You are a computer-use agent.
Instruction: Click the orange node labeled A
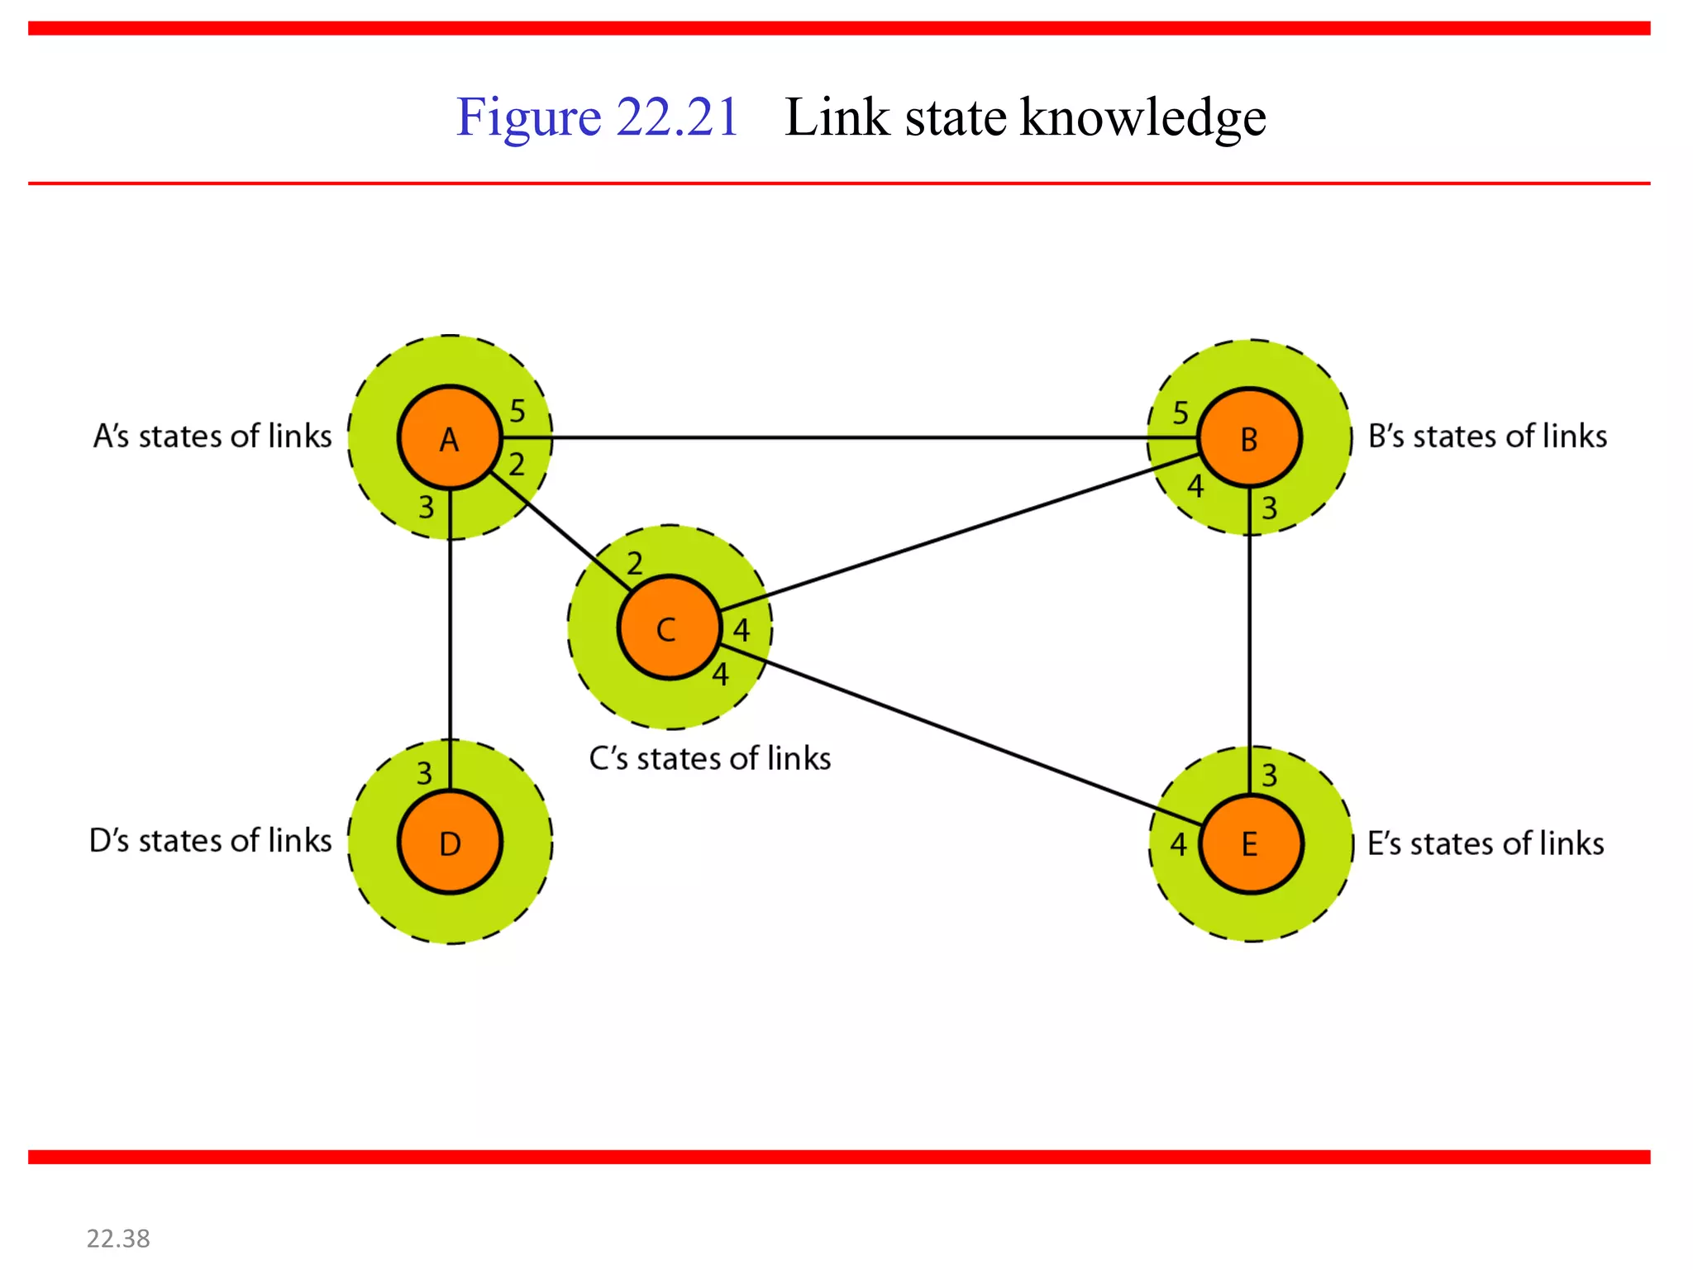point(450,437)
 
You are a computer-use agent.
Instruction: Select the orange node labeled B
point(1249,437)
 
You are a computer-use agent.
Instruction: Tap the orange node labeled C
point(669,628)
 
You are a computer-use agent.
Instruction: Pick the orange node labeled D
point(450,843)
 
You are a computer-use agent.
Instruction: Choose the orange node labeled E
point(1250,844)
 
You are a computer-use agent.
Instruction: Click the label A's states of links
point(212,436)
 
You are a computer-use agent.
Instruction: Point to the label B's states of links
point(1487,436)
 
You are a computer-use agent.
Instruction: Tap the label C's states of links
point(709,758)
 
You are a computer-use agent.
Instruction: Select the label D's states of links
point(210,840)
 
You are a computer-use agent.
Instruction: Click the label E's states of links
point(1485,843)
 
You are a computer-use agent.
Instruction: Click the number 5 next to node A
point(517,410)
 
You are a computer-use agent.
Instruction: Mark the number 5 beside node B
point(1180,413)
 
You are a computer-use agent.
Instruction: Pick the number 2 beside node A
point(517,465)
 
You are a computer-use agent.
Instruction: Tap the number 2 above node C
point(634,564)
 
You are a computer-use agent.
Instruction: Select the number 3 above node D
point(424,774)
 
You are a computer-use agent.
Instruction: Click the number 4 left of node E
point(1178,845)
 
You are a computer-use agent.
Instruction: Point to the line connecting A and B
point(851,437)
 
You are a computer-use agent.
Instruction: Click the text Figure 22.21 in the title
point(597,117)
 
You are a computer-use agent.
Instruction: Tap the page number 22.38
point(118,1239)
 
